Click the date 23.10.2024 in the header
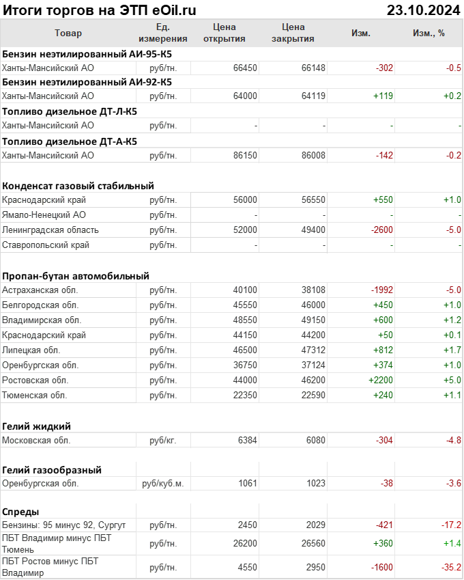[422, 10]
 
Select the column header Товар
[68, 33]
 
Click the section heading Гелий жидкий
[37, 426]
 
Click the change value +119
[383, 96]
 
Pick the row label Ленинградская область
[50, 230]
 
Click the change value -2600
[381, 230]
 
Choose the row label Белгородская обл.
[40, 305]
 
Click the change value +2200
[381, 380]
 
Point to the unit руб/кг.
[163, 441]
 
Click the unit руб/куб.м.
[163, 483]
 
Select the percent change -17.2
[450, 525]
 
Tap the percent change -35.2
[450, 567]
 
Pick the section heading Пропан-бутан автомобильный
[76, 276]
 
